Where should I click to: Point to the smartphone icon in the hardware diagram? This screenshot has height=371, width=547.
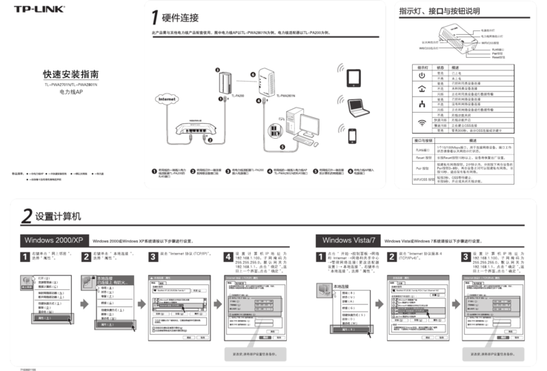point(353,137)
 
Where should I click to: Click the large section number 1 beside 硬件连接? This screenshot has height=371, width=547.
point(153,17)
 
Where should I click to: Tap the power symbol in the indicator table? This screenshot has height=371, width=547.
point(421,76)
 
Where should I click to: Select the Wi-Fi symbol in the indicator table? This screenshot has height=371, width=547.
point(421,122)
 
